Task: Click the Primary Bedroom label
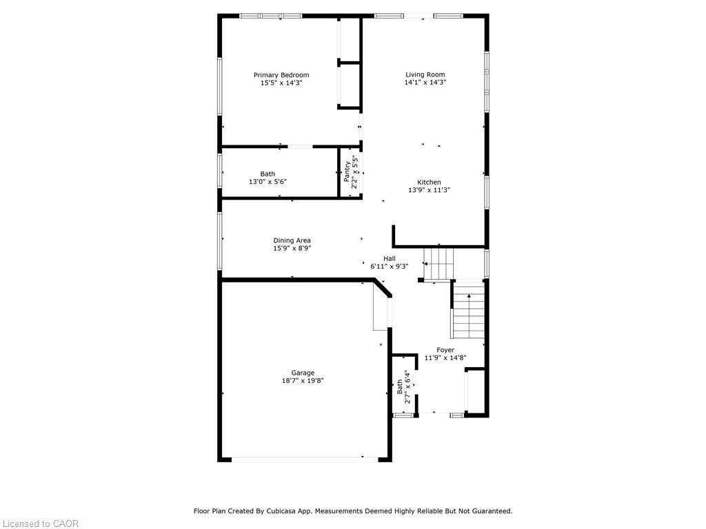281,75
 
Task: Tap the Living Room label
425,74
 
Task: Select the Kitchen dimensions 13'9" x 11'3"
429,190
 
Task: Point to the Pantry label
347,169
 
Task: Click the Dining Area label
292,240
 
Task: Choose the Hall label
390,258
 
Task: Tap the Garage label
302,373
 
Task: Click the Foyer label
445,350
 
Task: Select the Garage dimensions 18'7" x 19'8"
302,380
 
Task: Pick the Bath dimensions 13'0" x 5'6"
268,182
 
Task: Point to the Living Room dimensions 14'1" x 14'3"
425,83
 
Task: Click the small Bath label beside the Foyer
400,387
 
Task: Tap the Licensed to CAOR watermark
40,523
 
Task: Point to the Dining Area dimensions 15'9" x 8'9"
292,249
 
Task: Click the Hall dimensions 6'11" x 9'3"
390,266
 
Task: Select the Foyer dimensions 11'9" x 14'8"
445,357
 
